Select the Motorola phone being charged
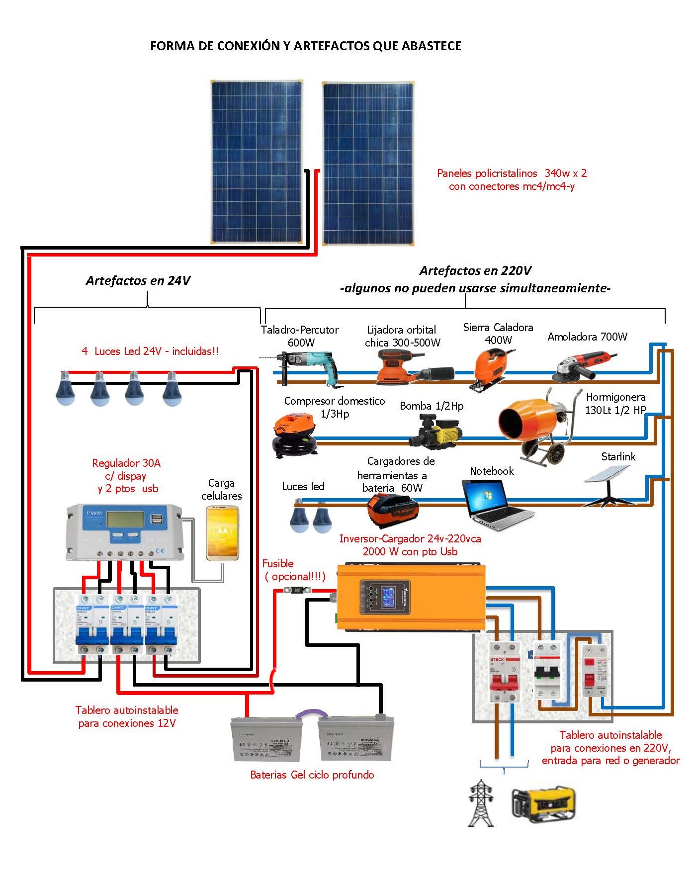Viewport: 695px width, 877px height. click(222, 532)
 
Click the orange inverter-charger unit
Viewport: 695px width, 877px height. click(410, 597)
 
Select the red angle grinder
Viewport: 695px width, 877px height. click(584, 365)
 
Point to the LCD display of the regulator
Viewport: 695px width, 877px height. click(125, 520)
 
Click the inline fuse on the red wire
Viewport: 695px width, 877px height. click(297, 590)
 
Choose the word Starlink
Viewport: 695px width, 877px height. click(618, 456)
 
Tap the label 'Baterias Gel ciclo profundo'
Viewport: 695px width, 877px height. click(312, 775)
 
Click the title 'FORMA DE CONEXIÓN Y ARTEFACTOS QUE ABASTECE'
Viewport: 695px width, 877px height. click(305, 46)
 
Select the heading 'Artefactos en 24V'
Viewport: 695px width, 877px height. click(138, 280)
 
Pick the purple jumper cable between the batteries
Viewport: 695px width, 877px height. click(311, 714)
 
